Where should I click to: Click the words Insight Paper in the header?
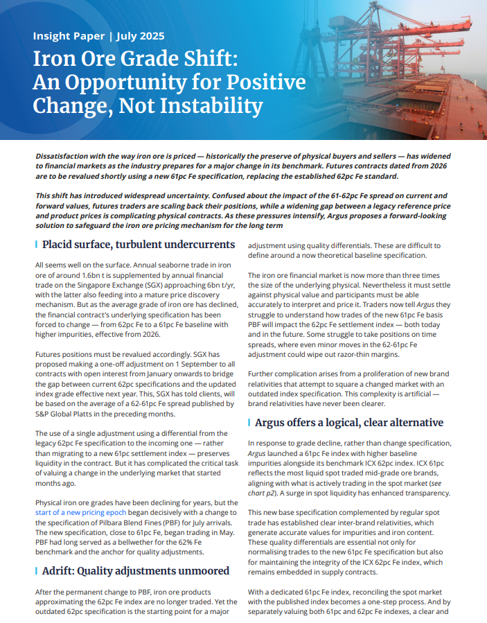65,35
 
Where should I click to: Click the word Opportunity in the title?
133,82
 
